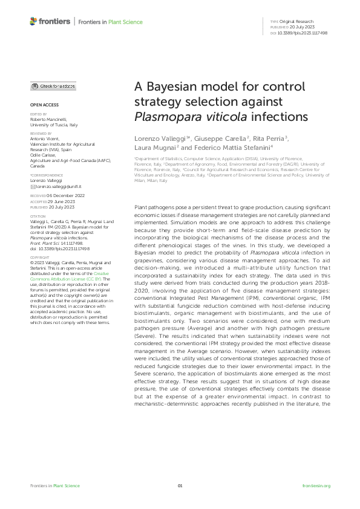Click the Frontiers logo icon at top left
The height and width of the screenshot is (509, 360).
click(33, 22)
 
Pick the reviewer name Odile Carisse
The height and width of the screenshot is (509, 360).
click(44, 157)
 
